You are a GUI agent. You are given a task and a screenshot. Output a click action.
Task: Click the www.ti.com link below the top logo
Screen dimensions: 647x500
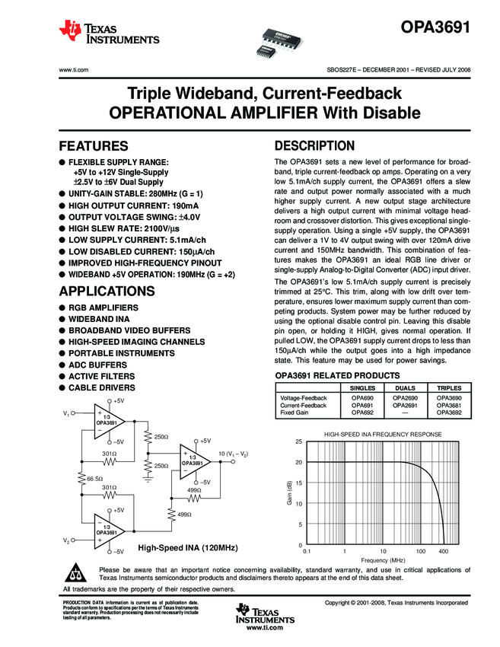coord(74,69)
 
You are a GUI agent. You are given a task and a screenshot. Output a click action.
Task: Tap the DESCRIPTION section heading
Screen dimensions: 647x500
coord(314,146)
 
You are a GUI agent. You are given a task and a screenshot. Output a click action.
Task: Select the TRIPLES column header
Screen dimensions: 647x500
coord(449,387)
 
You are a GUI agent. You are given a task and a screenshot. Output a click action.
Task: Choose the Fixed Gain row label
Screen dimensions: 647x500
coord(294,413)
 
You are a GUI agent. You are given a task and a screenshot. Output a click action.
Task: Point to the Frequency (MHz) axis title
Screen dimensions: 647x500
coord(374,559)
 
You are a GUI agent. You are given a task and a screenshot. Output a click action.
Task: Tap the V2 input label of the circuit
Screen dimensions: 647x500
coord(67,540)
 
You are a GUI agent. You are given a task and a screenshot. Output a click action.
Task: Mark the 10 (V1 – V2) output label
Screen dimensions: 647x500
coord(234,454)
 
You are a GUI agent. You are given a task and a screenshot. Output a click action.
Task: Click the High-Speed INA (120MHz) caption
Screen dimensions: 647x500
coord(188,548)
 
